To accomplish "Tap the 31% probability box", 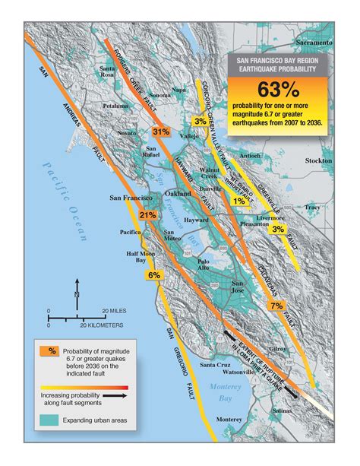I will (x=161, y=132).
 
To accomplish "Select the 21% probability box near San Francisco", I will (x=148, y=215).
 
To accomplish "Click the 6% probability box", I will (x=153, y=275).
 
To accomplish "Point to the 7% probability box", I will (x=276, y=305).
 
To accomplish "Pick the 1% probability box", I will (x=238, y=201).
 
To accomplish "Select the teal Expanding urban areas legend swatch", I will (x=51, y=420).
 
